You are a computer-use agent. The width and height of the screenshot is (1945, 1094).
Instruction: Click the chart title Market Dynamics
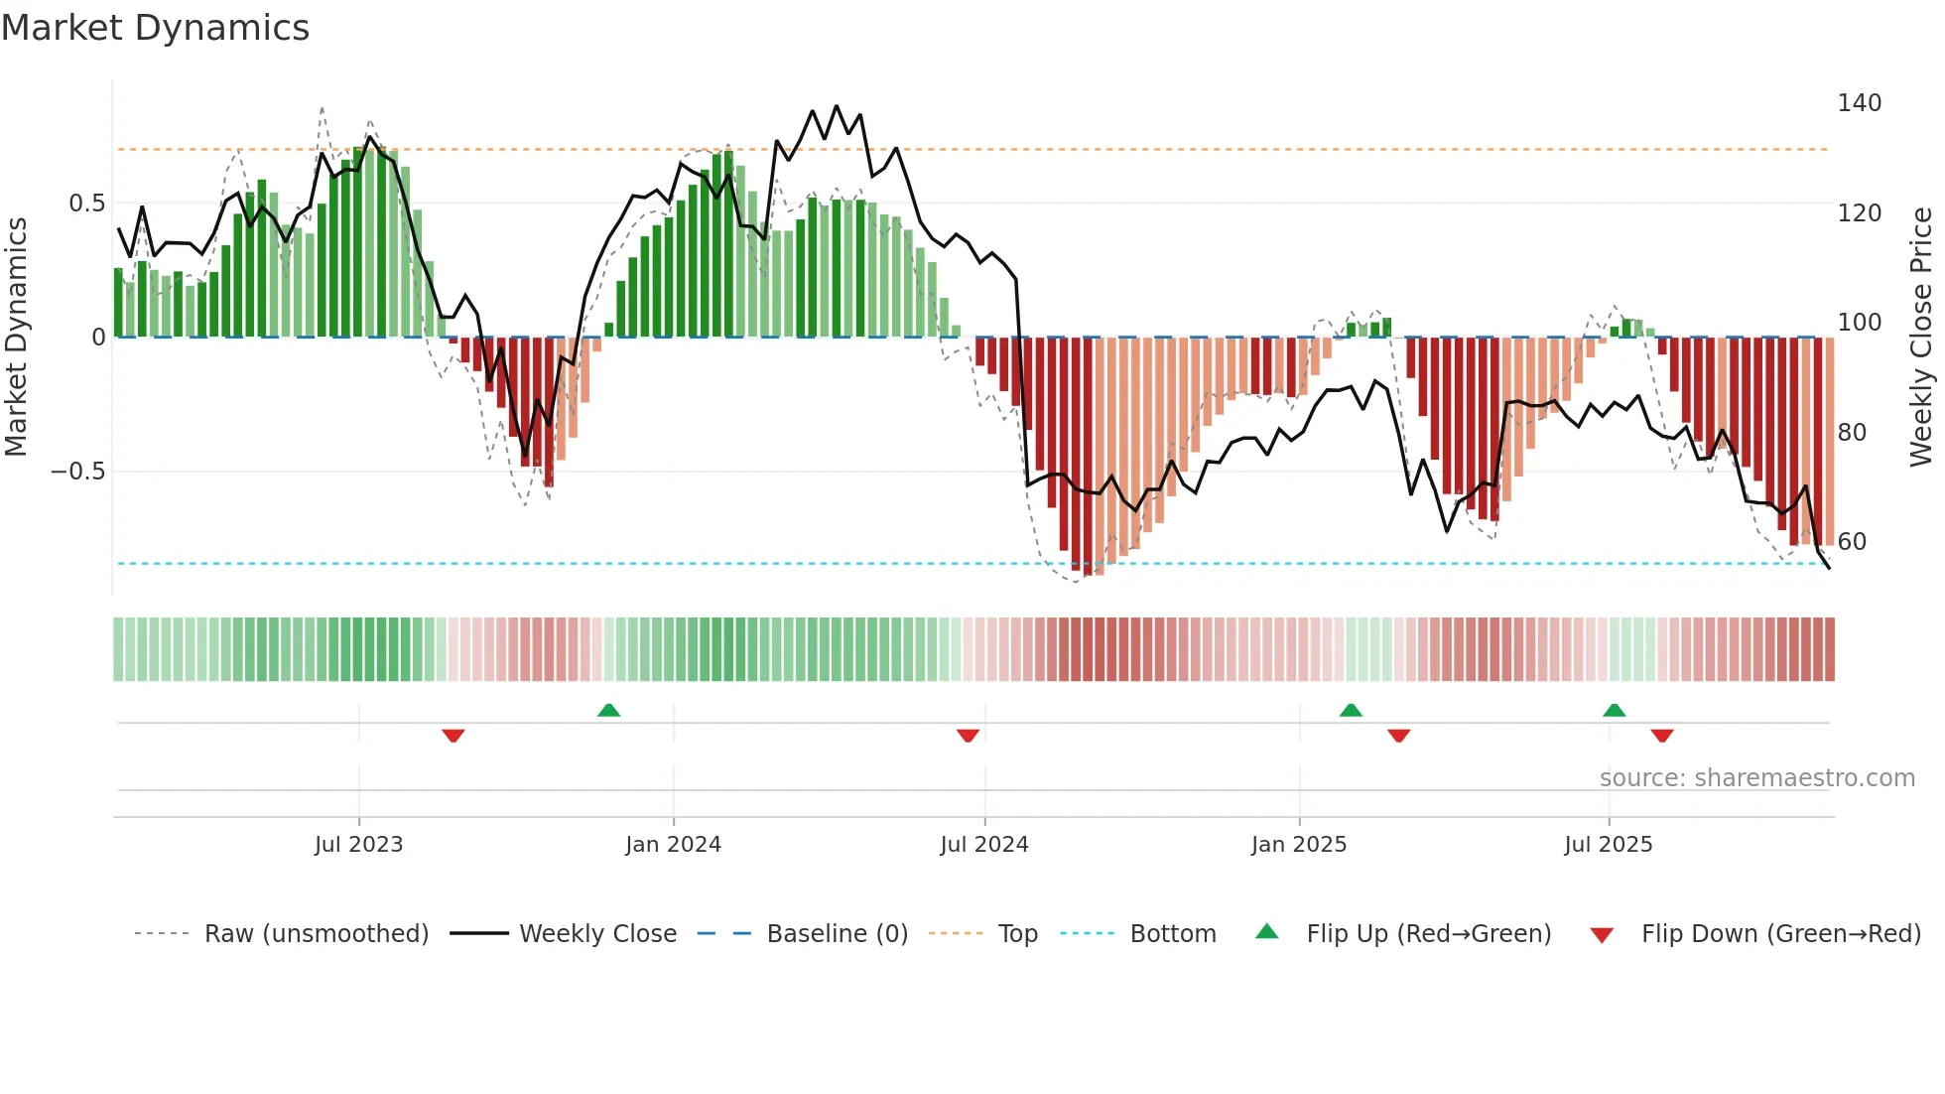tap(156, 28)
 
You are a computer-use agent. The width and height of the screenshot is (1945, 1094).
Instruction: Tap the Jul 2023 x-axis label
tap(358, 845)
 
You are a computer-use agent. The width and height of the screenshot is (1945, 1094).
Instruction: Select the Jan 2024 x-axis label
tap(673, 845)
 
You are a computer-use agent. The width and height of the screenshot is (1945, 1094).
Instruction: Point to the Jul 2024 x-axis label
tap(983, 845)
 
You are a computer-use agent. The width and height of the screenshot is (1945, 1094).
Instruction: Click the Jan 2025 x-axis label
tap(1298, 845)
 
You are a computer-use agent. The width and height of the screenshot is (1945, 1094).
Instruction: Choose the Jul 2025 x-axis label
tap(1608, 845)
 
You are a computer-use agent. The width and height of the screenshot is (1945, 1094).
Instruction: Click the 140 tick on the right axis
tap(1859, 103)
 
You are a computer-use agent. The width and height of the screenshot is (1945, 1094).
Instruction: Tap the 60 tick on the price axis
tap(1852, 542)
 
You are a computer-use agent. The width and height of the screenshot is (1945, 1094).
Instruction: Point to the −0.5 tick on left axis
tap(77, 472)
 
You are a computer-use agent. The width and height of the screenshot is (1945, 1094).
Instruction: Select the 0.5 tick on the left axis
tap(86, 204)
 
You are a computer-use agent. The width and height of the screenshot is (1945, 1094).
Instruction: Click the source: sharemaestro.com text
tap(1756, 778)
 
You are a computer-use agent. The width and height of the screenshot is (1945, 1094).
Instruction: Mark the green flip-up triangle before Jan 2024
tap(608, 710)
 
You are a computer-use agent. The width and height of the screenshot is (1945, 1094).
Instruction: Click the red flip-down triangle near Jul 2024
tap(968, 736)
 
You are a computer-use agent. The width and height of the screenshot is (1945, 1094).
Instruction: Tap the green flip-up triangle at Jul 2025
tap(1614, 710)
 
